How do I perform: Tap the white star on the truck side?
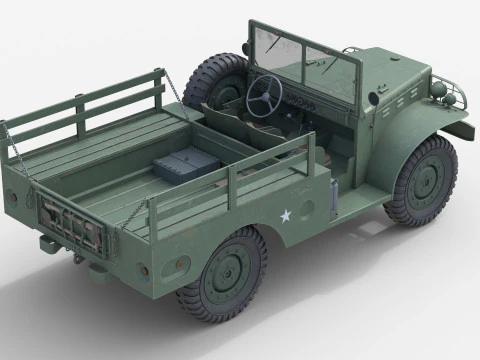point(285,215)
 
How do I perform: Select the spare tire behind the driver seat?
point(211,79)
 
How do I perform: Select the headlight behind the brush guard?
point(439,91)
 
